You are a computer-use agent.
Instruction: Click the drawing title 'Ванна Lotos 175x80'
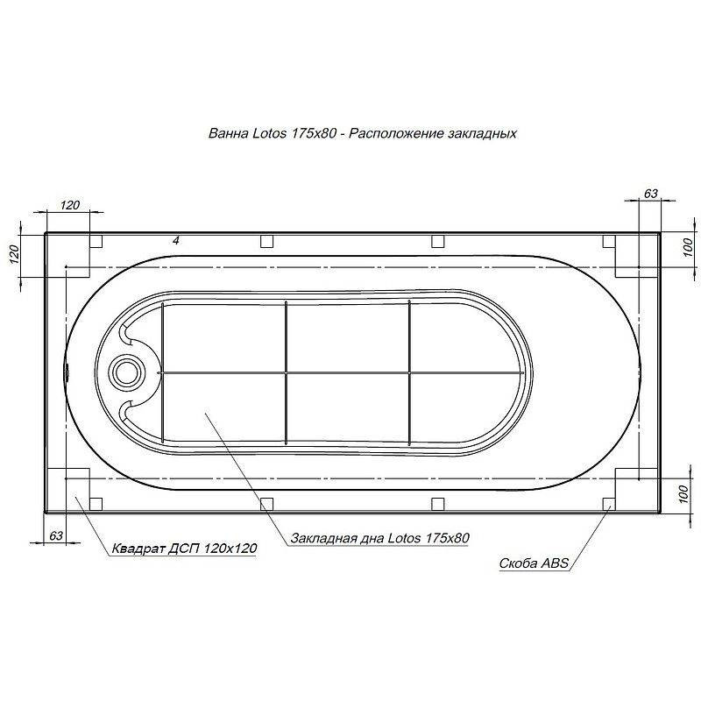pos(273,133)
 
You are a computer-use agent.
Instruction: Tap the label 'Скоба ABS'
pos(534,563)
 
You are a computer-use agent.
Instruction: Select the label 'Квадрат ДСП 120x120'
pos(184,549)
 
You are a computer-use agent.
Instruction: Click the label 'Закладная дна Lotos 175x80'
pos(379,537)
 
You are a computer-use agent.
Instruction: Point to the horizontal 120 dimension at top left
pos(69,205)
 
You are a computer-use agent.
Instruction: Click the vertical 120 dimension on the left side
pos(15,254)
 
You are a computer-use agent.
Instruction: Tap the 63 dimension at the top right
pos(651,193)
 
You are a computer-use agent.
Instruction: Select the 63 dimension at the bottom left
pos(56,535)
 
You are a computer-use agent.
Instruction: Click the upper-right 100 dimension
pos(689,247)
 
